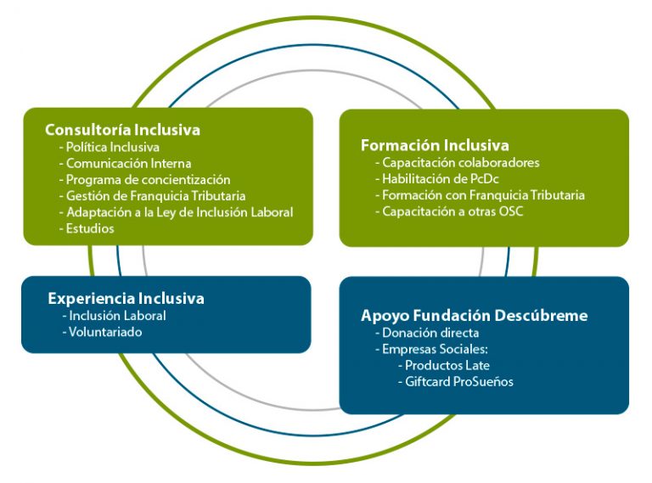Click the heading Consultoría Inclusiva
[x=122, y=130]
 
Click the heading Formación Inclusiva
[x=435, y=145]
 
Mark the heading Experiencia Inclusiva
[x=126, y=299]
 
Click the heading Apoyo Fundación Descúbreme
[x=475, y=316]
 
